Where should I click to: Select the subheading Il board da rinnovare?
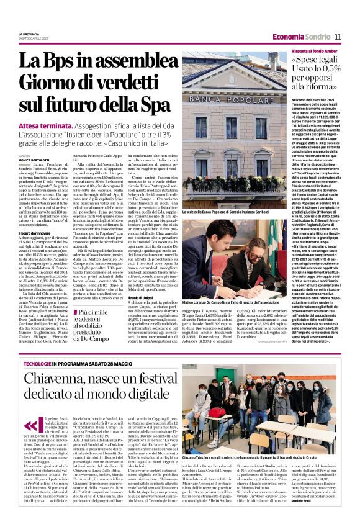35,232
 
